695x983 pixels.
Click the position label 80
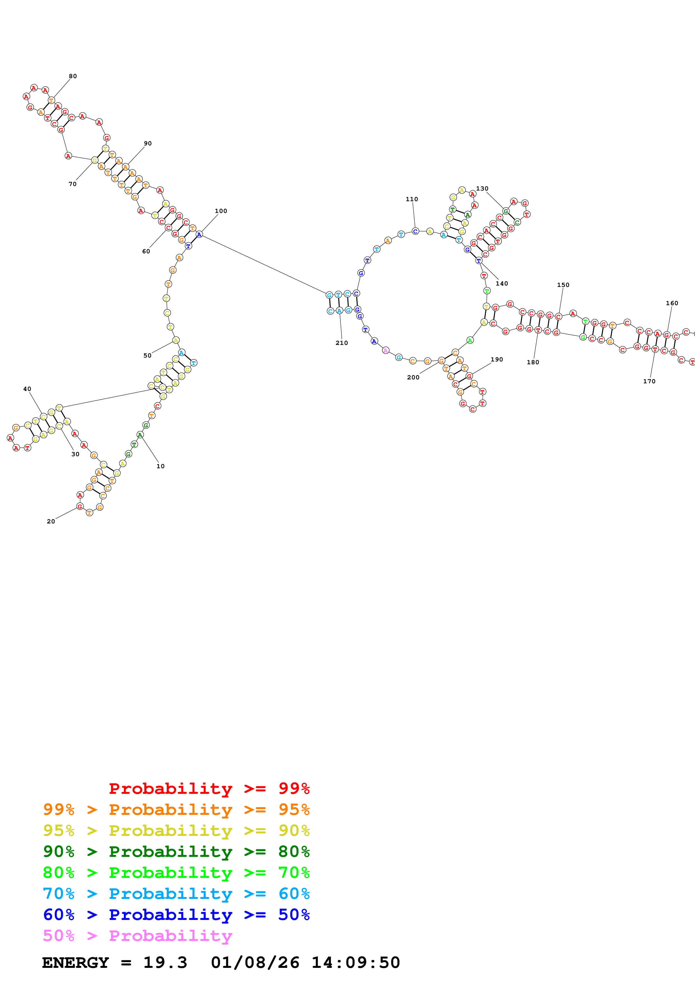[73, 76]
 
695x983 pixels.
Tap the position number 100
[221, 211]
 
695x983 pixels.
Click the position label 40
[27, 389]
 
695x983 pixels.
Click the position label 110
[412, 200]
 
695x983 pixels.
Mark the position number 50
[147, 356]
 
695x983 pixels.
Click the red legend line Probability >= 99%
[209, 788]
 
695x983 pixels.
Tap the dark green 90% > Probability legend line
[176, 852]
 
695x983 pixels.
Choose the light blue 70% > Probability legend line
[176, 894]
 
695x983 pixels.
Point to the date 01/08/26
[255, 963]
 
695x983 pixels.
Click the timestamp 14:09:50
[355, 963]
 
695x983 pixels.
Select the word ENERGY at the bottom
[75, 963]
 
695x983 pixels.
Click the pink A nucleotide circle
[385, 350]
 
